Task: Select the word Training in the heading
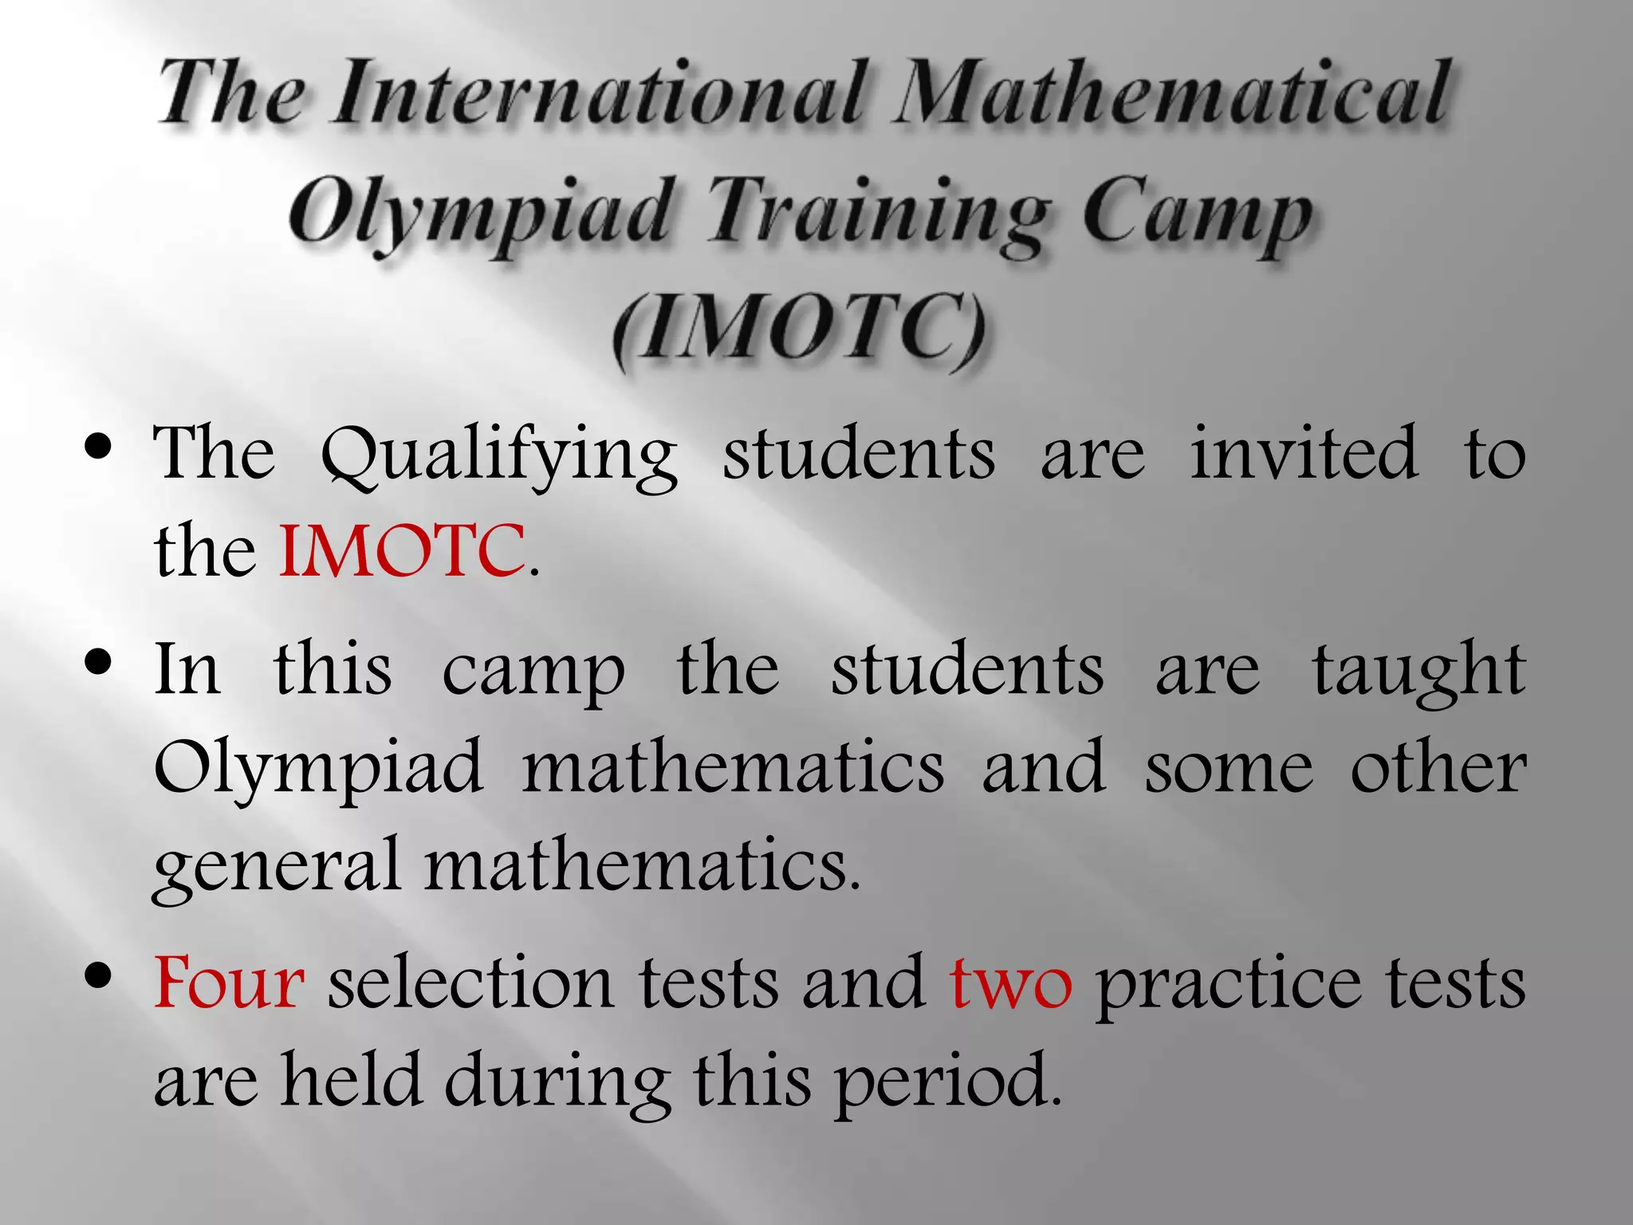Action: click(877, 211)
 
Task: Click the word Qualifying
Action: click(499, 455)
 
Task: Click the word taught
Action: click(1419, 670)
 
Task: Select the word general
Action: click(276, 868)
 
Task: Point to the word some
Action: click(1229, 768)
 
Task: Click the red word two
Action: click(1011, 984)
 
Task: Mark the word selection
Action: click(470, 983)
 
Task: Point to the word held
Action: click(351, 1080)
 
